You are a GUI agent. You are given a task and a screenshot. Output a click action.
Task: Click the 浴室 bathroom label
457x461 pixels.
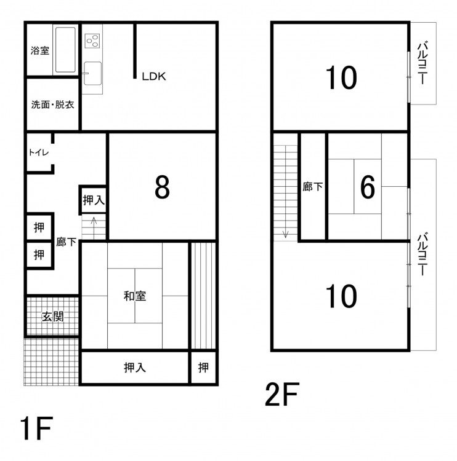click(40, 50)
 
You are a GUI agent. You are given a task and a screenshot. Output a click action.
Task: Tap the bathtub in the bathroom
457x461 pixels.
click(65, 50)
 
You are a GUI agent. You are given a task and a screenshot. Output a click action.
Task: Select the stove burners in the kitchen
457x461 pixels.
click(92, 41)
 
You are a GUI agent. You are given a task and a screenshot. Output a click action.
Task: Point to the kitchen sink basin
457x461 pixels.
click(92, 73)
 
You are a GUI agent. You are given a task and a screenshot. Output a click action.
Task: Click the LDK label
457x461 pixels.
click(154, 76)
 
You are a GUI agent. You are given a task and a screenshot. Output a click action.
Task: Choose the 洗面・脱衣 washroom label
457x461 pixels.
click(52, 104)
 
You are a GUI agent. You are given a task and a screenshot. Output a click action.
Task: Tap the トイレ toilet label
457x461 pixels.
click(39, 152)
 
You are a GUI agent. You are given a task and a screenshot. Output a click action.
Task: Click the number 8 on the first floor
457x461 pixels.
click(162, 187)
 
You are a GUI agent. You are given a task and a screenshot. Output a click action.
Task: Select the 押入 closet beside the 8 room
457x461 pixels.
click(94, 200)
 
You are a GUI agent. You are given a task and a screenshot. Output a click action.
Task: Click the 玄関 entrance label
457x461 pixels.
click(53, 317)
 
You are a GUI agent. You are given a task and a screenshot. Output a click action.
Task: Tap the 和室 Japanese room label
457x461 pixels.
click(135, 296)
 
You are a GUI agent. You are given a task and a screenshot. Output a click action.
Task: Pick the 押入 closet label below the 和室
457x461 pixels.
click(135, 368)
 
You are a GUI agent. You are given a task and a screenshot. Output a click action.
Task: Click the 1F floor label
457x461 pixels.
click(36, 428)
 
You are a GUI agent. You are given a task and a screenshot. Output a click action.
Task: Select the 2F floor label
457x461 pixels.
click(282, 394)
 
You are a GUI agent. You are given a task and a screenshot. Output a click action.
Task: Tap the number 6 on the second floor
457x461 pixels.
click(368, 187)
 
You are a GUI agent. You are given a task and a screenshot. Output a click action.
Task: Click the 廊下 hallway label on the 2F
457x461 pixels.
click(313, 187)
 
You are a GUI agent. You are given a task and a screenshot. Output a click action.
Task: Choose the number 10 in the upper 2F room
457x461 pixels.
click(341, 77)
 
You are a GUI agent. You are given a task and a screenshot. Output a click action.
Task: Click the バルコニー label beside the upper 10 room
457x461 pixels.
click(423, 63)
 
